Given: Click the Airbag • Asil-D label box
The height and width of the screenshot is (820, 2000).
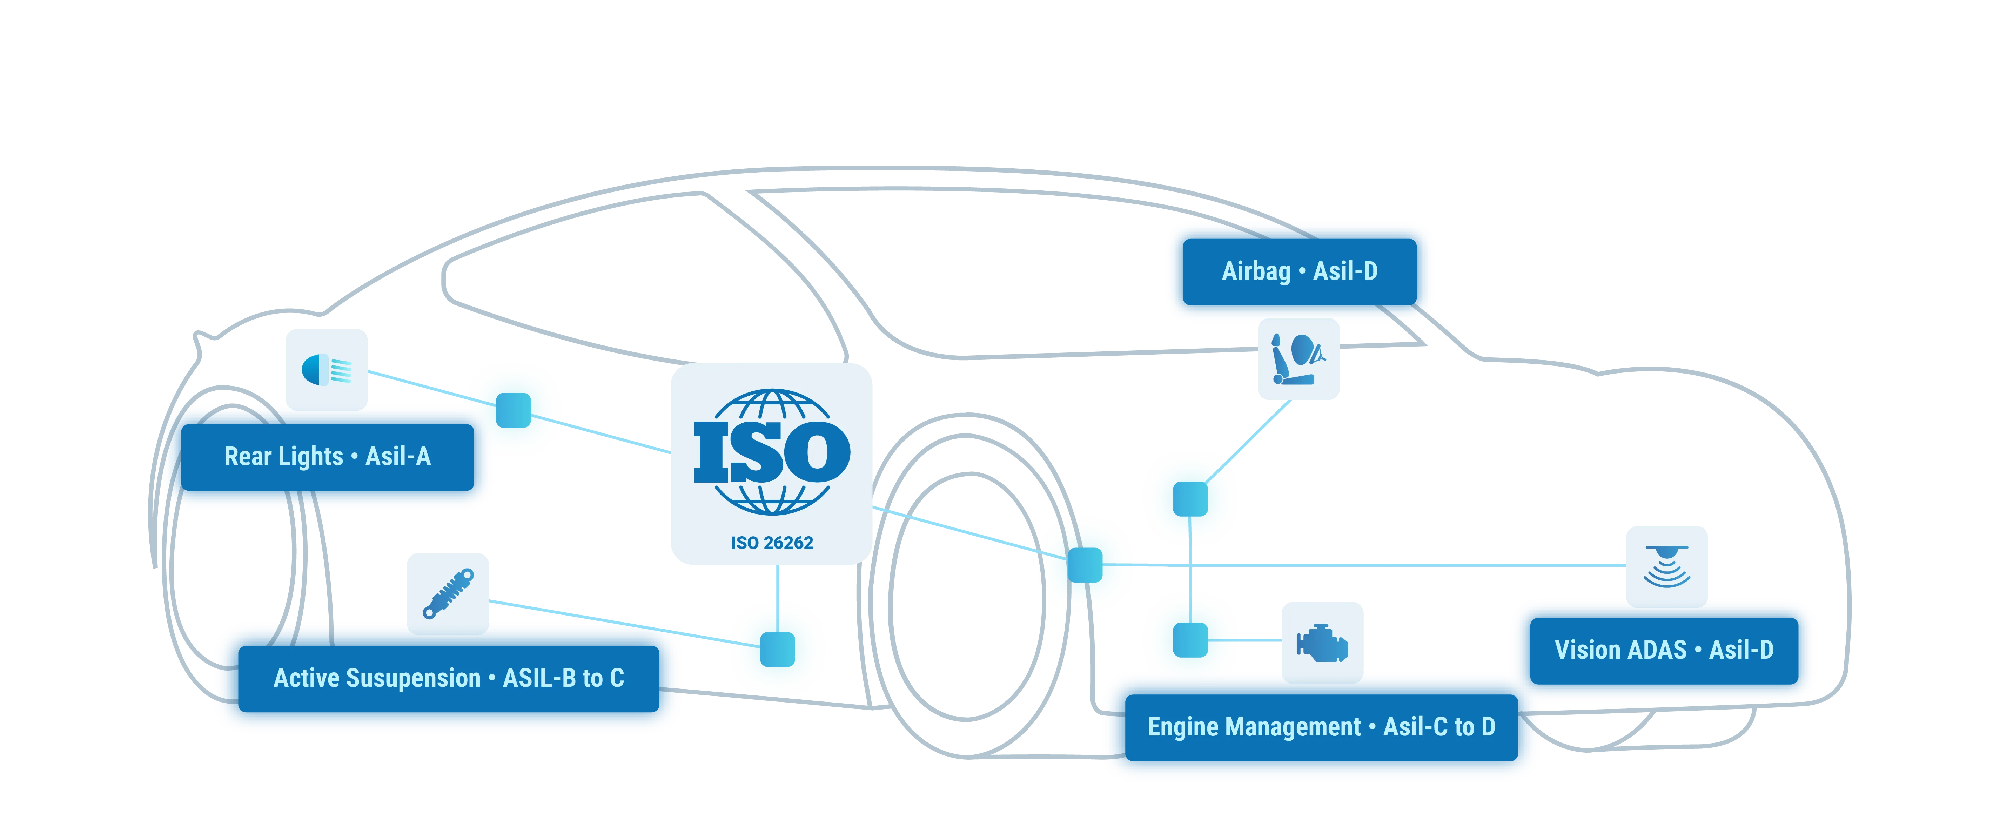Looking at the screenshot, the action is coord(1299,272).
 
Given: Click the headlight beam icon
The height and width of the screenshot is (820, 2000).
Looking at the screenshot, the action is coord(326,370).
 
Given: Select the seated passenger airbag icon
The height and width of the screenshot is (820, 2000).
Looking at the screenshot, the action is coord(1298,359).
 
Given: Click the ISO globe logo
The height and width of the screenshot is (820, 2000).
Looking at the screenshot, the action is coord(772,452).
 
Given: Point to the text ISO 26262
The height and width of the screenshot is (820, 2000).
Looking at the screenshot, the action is coord(772,543).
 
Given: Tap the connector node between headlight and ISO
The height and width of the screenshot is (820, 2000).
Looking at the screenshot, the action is coord(513,410).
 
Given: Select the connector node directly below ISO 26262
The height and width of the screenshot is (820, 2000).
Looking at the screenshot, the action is coord(777,649).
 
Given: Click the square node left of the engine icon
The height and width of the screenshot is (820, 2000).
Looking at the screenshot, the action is coord(1190,640).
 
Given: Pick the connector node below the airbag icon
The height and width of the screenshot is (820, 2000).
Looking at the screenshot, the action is coord(1190,498).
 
